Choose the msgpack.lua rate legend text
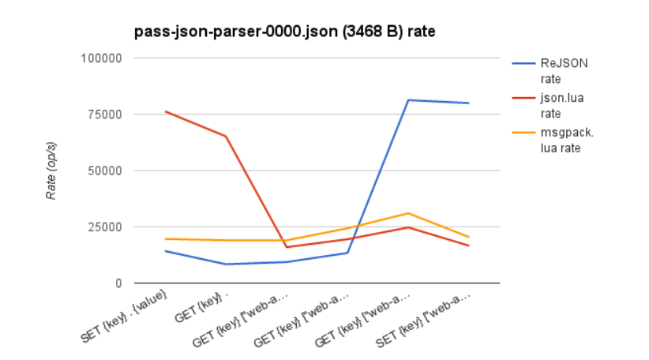click(x=566, y=140)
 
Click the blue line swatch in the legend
click(x=524, y=64)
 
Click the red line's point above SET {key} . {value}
click(x=165, y=111)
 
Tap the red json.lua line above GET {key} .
click(x=226, y=137)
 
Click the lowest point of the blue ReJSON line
click(x=226, y=264)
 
